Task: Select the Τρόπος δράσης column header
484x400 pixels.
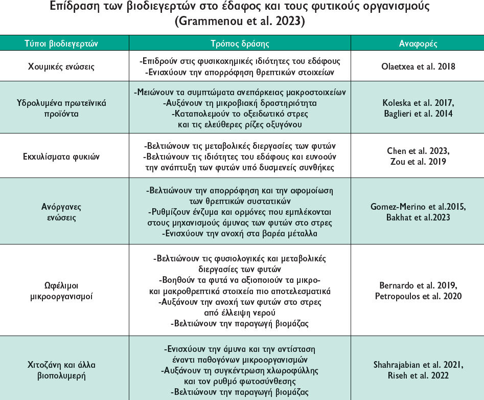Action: tap(240, 43)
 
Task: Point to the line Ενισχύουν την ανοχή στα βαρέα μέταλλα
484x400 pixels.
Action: tap(240, 234)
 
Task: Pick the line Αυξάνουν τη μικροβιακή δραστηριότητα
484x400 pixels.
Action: tap(240, 102)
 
